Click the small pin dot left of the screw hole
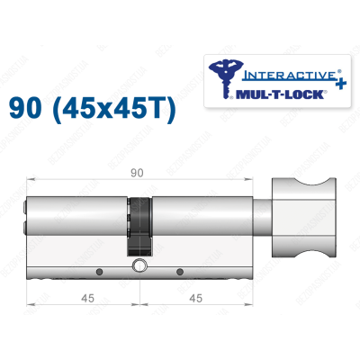click(99, 269)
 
